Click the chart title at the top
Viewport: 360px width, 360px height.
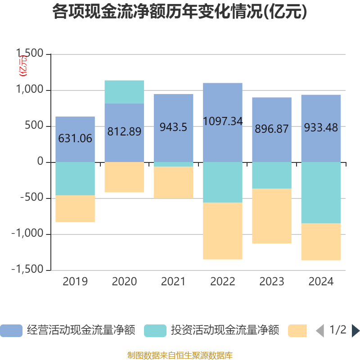click(180, 12)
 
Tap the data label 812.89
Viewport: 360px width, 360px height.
click(124, 132)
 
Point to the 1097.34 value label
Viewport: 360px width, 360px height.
click(223, 121)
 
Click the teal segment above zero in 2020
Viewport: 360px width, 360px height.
click(124, 92)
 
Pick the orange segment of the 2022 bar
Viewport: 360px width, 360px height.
click(223, 231)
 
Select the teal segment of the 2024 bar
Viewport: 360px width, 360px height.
click(321, 193)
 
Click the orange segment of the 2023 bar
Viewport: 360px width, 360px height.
click(272, 216)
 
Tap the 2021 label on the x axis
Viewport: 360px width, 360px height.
click(173, 282)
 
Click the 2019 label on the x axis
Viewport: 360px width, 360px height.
click(75, 282)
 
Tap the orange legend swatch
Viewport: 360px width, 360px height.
click(297, 331)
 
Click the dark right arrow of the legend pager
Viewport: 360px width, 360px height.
click(355, 331)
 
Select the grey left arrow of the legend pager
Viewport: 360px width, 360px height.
click(320, 331)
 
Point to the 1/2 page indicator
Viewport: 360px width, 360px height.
click(337, 330)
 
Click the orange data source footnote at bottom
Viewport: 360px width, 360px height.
click(180, 355)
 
